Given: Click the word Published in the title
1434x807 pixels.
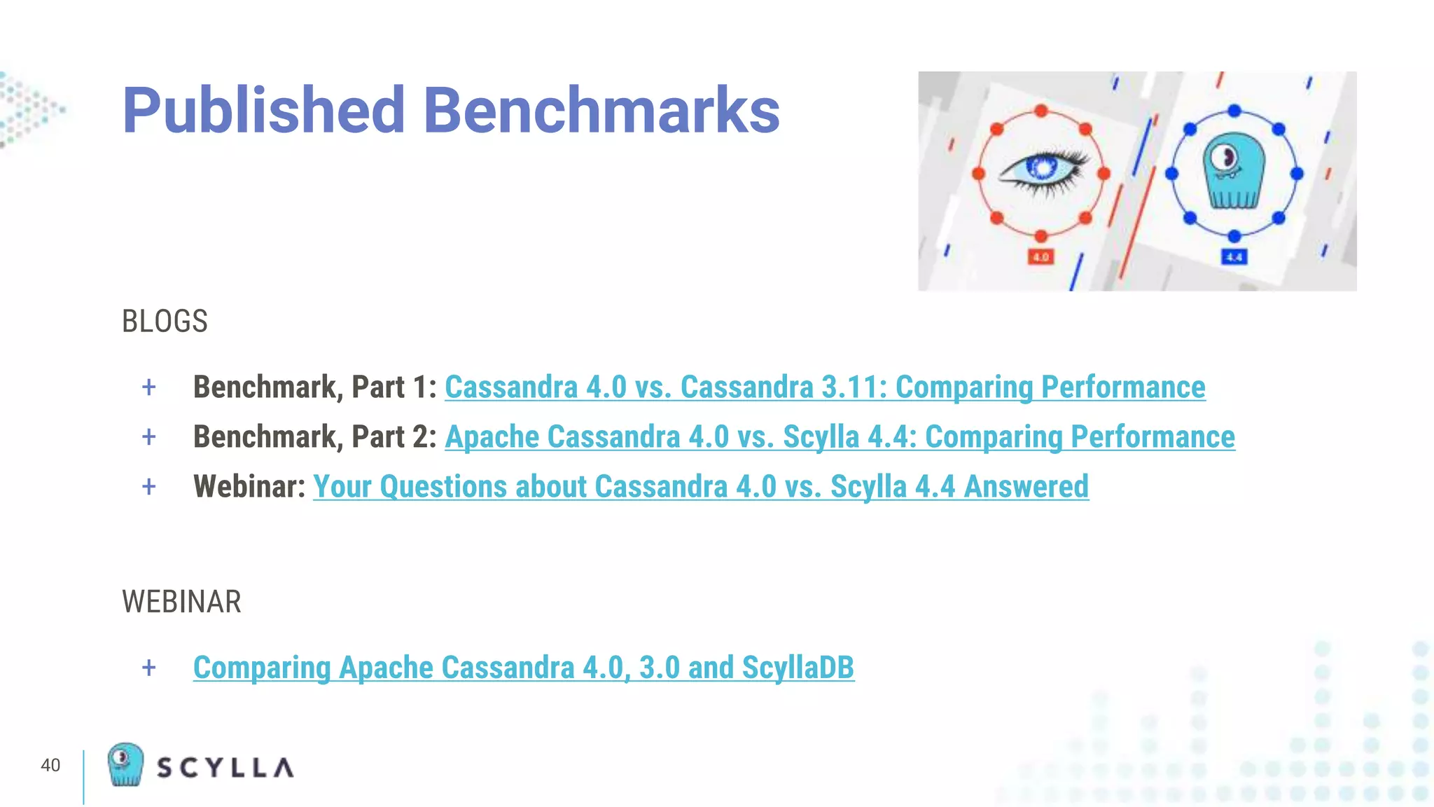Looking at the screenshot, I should click(263, 111).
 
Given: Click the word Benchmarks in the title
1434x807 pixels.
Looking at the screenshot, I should click(601, 111).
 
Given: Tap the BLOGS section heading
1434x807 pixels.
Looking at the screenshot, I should click(165, 322).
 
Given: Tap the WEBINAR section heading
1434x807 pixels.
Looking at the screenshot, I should click(181, 602).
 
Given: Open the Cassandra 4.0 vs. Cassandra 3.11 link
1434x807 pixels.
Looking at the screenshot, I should click(825, 387).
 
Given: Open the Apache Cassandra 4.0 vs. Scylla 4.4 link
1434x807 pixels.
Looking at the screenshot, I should click(840, 437).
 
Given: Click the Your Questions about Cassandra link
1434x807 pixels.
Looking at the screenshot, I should click(700, 487).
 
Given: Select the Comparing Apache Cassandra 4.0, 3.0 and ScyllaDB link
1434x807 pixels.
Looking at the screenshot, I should click(523, 668).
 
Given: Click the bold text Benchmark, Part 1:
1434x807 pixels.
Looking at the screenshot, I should click(315, 387).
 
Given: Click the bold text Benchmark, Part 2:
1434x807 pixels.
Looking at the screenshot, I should click(315, 437).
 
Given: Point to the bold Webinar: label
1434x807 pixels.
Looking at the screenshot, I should click(249, 487).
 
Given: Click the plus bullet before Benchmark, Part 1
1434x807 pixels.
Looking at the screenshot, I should click(148, 387).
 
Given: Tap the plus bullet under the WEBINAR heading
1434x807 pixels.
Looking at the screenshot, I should click(148, 668).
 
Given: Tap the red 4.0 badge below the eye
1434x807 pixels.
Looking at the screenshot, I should click(1041, 257).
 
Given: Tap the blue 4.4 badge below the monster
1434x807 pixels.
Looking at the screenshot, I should click(1234, 257).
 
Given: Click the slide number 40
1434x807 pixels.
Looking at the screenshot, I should click(50, 765).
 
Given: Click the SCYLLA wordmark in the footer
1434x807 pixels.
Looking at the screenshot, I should click(225, 768).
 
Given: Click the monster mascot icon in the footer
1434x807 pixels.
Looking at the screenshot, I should click(125, 764).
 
